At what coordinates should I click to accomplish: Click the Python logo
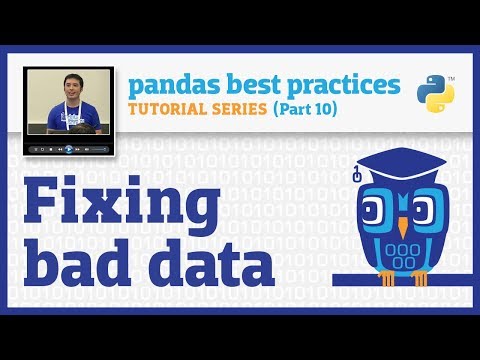click(434, 93)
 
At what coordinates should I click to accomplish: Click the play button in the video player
click(69, 149)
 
